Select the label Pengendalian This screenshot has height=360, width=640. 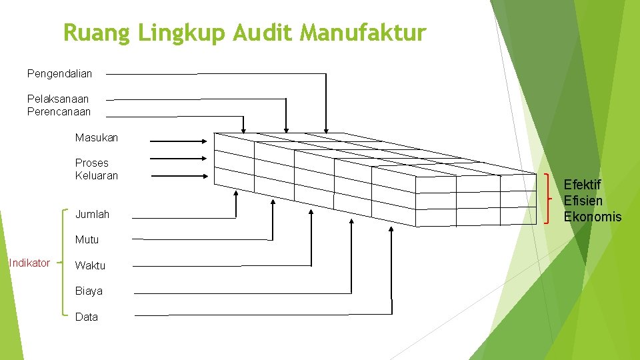tap(59, 73)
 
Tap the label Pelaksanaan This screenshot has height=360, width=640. tap(58, 99)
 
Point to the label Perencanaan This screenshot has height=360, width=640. tap(59, 111)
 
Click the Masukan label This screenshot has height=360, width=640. tap(97, 137)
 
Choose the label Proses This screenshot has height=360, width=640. tap(92, 163)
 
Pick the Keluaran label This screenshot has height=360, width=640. tap(97, 175)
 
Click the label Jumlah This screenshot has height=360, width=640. tap(92, 215)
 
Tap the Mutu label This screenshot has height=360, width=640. tap(87, 239)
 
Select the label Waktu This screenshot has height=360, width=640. tap(90, 265)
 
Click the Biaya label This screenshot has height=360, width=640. tap(89, 291)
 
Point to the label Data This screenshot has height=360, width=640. tap(87, 317)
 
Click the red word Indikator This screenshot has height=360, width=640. tap(29, 263)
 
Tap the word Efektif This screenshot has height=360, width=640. tap(583, 184)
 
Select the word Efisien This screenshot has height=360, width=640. tap(583, 200)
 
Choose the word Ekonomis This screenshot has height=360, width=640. tap(593, 216)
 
